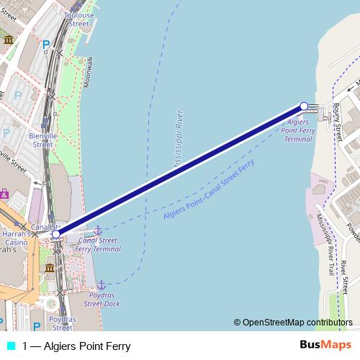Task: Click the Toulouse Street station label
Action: tap(78, 19)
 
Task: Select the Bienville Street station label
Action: tap(42, 139)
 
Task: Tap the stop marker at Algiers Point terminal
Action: tap(304, 107)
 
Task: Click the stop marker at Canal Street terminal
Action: tap(56, 234)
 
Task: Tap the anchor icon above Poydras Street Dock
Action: tap(102, 285)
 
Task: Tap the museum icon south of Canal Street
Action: tap(50, 268)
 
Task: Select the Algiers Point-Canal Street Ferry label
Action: tap(209, 190)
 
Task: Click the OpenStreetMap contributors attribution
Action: tap(293, 323)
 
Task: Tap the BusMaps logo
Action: tap(326, 346)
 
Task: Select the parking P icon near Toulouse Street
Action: tap(46, 45)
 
